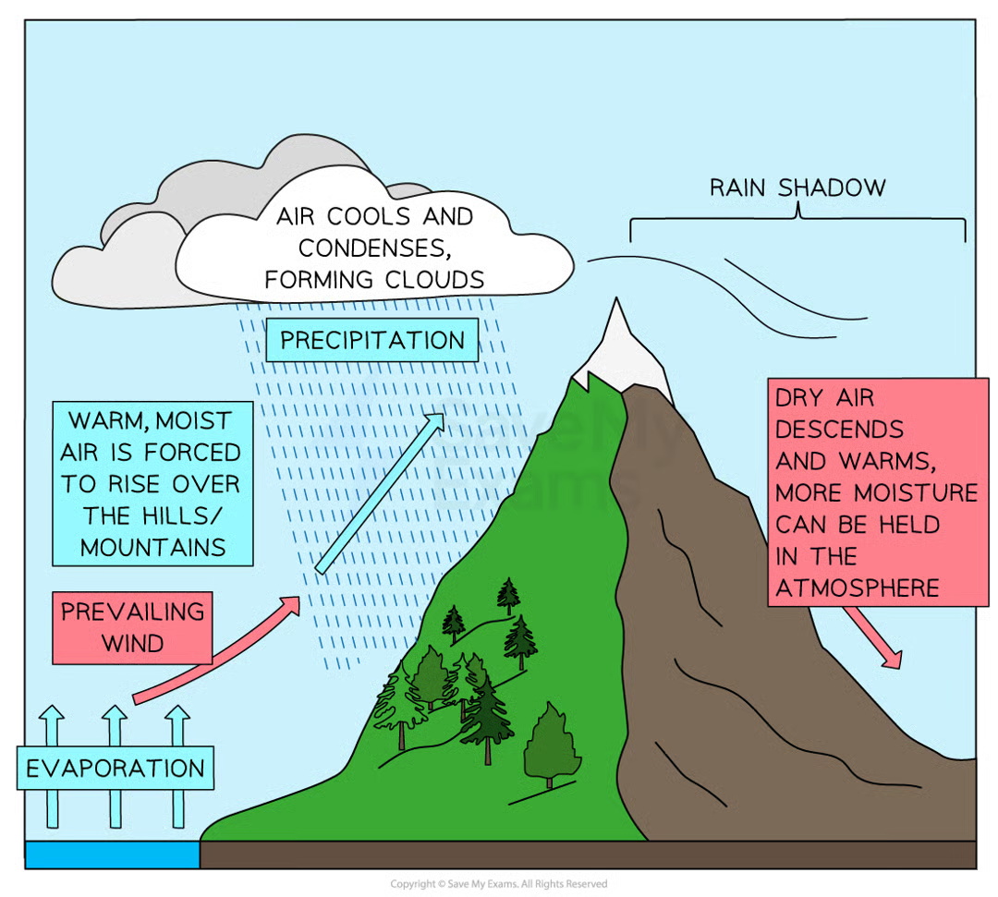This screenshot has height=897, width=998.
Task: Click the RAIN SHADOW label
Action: tap(797, 188)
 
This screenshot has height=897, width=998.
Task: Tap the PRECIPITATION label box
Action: tap(372, 340)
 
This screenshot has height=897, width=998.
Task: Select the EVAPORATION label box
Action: tap(116, 768)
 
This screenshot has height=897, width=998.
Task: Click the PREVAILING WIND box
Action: tap(132, 627)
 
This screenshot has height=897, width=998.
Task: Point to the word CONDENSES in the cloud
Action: tap(372, 248)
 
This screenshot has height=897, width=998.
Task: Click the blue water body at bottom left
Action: tap(112, 855)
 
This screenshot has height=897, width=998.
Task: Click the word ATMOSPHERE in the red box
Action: tap(857, 588)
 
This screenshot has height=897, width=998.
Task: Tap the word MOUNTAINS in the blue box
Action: tap(152, 547)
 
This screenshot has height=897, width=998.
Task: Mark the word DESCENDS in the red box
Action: tap(839, 430)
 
